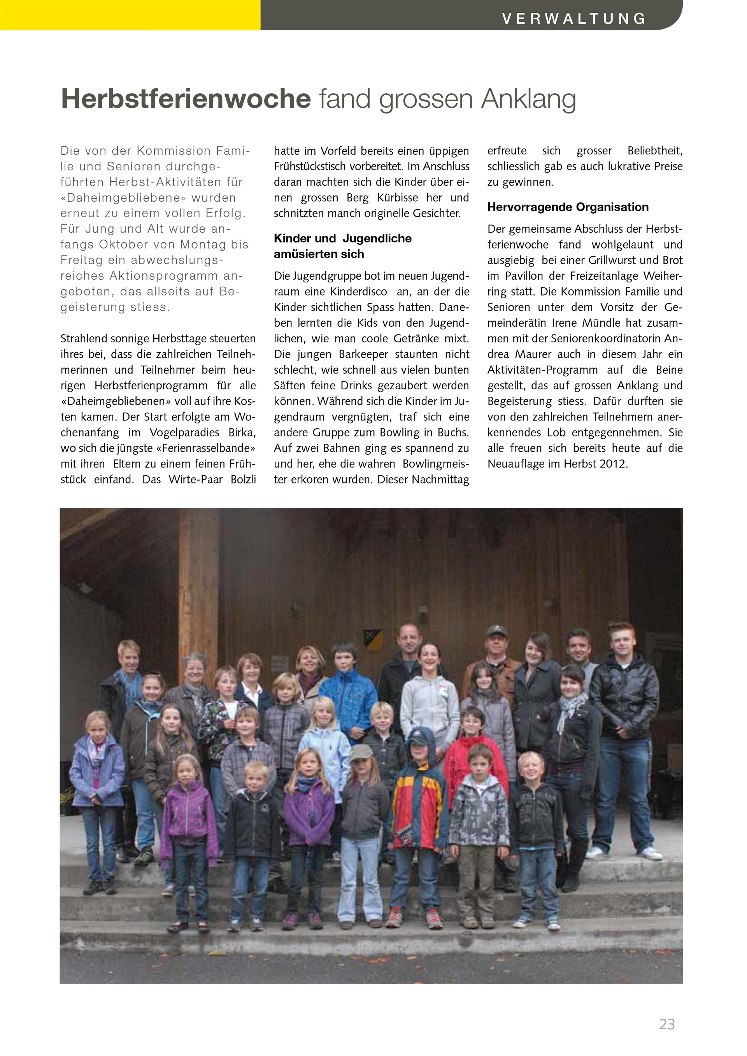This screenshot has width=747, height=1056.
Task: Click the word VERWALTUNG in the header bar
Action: (x=573, y=18)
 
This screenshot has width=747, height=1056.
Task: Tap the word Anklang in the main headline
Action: (x=528, y=99)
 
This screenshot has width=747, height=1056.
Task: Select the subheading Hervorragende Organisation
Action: (x=568, y=207)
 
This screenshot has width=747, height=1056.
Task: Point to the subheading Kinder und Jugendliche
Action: (x=342, y=238)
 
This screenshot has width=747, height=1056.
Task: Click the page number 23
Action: (x=667, y=1024)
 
